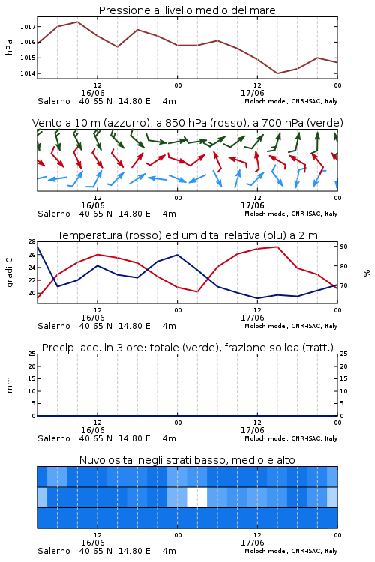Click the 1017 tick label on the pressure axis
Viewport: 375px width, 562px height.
(28, 27)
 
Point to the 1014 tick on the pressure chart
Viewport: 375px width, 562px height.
(28, 74)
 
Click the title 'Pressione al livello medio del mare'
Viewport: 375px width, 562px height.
(187, 10)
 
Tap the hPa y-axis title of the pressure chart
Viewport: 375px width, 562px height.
(9, 47)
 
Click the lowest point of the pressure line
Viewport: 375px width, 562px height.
(277, 73)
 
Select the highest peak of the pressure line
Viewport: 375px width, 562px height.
(77, 22)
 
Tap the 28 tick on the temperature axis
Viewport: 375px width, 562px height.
(32, 241)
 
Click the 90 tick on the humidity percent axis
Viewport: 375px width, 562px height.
(343, 247)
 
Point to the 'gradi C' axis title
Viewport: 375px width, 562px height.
(10, 273)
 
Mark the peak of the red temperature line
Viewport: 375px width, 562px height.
(277, 247)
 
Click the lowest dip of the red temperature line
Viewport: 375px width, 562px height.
(37, 298)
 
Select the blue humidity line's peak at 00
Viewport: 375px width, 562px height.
(177, 255)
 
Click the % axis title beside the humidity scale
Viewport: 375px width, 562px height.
(367, 273)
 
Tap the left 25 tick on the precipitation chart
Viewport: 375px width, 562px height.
(32, 354)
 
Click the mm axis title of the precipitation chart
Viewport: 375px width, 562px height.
(9, 385)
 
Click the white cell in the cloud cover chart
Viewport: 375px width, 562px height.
(197, 497)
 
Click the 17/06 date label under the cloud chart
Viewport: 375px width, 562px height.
(253, 543)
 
